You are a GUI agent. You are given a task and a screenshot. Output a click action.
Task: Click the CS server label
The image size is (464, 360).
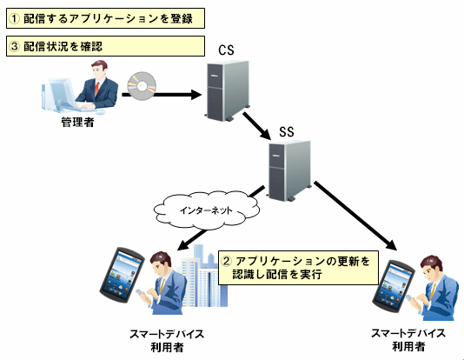click(x=227, y=50)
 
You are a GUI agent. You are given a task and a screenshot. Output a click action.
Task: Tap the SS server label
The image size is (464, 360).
click(x=287, y=132)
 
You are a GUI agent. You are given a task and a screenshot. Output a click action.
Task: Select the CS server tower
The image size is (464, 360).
click(x=228, y=90)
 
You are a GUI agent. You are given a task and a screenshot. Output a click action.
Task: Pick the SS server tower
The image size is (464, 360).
click(x=289, y=170)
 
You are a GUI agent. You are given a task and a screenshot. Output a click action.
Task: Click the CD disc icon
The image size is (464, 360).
click(x=142, y=86)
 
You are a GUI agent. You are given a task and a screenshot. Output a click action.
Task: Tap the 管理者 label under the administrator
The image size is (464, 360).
click(x=77, y=122)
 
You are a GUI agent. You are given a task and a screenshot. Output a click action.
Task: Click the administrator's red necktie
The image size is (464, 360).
click(x=96, y=89)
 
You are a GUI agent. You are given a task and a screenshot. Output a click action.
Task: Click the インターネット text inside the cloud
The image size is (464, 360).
click(x=206, y=210)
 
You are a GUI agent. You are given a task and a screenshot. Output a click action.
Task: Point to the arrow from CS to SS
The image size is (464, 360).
click(x=257, y=126)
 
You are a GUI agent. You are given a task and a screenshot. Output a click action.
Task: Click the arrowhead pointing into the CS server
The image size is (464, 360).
click(x=196, y=95)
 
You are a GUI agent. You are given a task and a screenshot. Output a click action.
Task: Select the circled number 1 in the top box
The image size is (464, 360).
click(x=14, y=18)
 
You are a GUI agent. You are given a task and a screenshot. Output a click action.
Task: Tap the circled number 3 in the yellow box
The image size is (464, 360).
click(x=14, y=46)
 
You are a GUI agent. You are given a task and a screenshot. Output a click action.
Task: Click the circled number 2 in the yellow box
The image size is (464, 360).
click(x=227, y=261)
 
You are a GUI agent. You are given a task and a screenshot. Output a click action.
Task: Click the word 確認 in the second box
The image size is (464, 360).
click(x=91, y=46)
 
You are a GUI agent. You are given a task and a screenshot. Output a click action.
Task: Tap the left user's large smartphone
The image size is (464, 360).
click(x=122, y=275)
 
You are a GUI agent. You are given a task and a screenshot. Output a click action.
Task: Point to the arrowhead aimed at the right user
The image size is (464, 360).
click(x=392, y=245)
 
